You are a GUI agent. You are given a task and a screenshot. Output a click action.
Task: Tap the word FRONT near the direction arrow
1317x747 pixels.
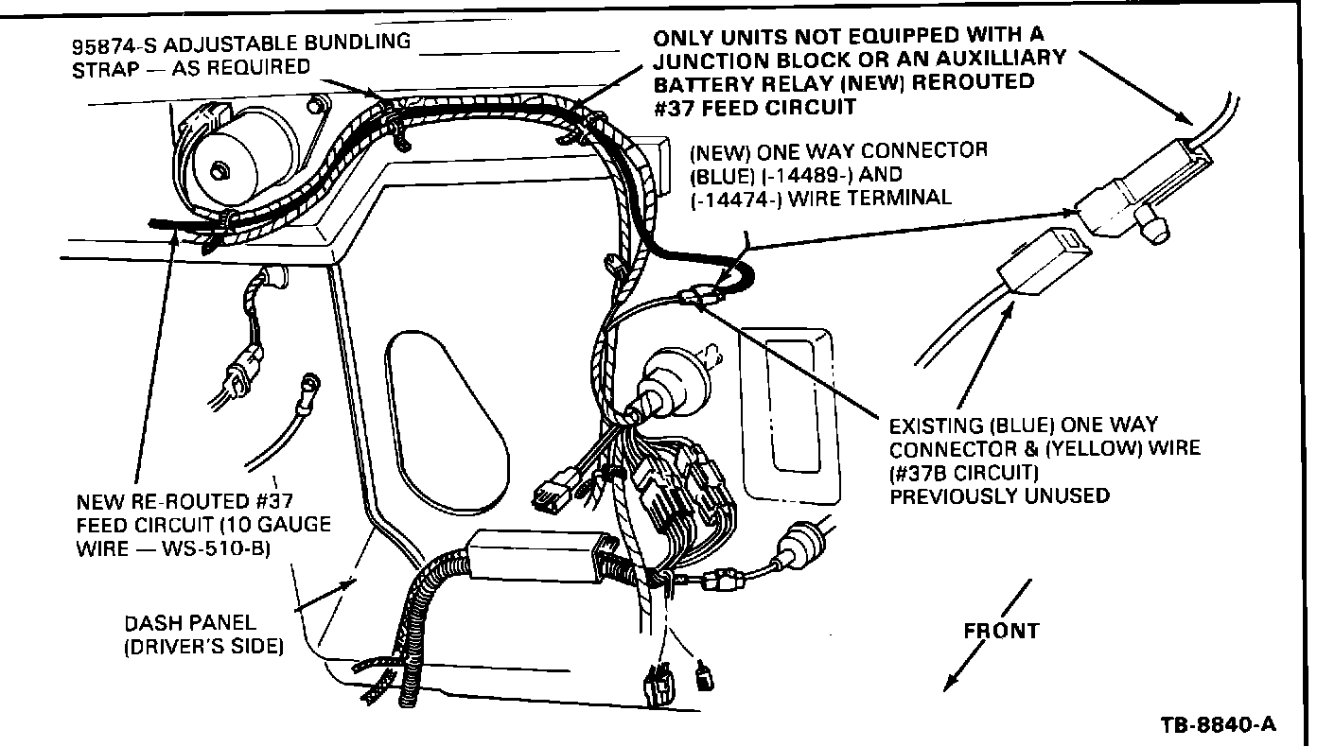click(x=1002, y=631)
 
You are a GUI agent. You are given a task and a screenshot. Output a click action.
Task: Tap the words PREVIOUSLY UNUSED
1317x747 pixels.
click(x=999, y=495)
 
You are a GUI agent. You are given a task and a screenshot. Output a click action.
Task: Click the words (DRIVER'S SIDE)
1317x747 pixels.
click(x=203, y=648)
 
